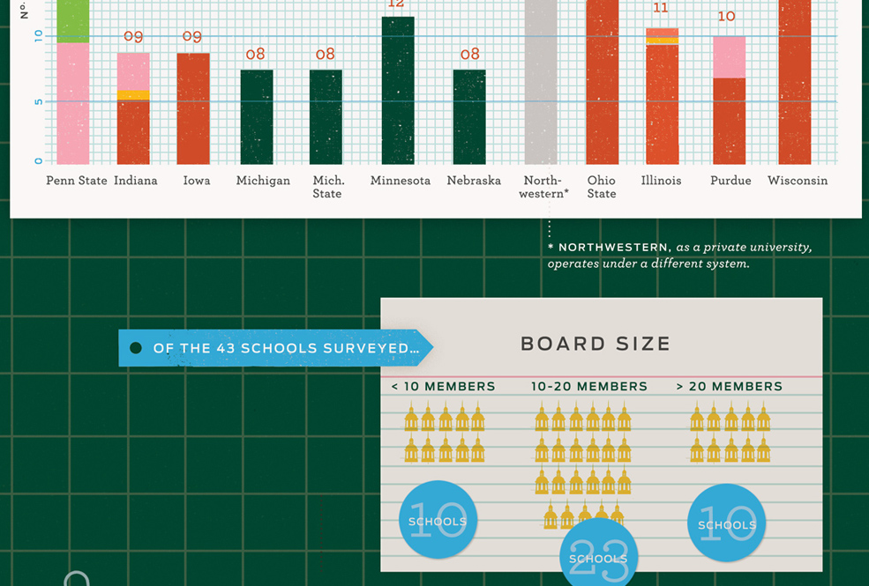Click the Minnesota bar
398,91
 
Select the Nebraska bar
469,117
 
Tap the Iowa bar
193,108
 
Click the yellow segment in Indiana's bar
133,94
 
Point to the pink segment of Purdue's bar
729,57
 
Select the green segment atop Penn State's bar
73,20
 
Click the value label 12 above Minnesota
396,4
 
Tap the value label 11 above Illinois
661,9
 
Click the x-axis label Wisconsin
798,181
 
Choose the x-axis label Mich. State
327,187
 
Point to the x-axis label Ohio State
602,187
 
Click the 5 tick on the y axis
38,101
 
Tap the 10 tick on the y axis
38,36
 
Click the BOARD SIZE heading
596,344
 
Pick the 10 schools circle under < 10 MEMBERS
438,521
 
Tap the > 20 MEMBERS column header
729,386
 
